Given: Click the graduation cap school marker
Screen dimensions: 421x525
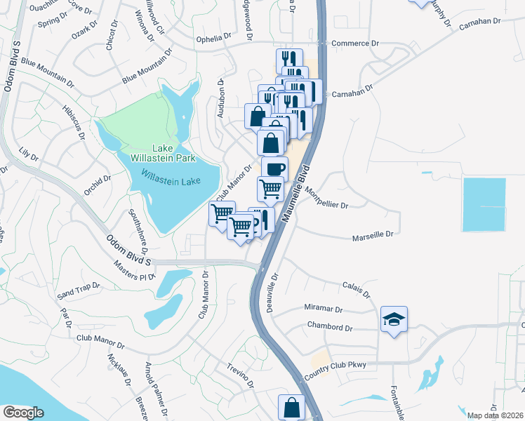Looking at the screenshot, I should tap(394, 320).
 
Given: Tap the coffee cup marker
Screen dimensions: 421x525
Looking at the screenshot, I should tap(274, 168).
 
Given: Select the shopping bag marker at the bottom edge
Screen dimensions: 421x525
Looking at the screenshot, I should tap(291, 407).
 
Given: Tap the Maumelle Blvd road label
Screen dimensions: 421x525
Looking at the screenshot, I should tap(296, 195).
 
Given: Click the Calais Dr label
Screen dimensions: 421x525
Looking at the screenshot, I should tap(357, 290).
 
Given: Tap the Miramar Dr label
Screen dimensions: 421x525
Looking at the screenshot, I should tap(323, 309).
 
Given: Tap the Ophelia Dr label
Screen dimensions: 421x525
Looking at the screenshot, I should tap(213, 37).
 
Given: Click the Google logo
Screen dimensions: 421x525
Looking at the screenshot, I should tap(23, 413).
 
